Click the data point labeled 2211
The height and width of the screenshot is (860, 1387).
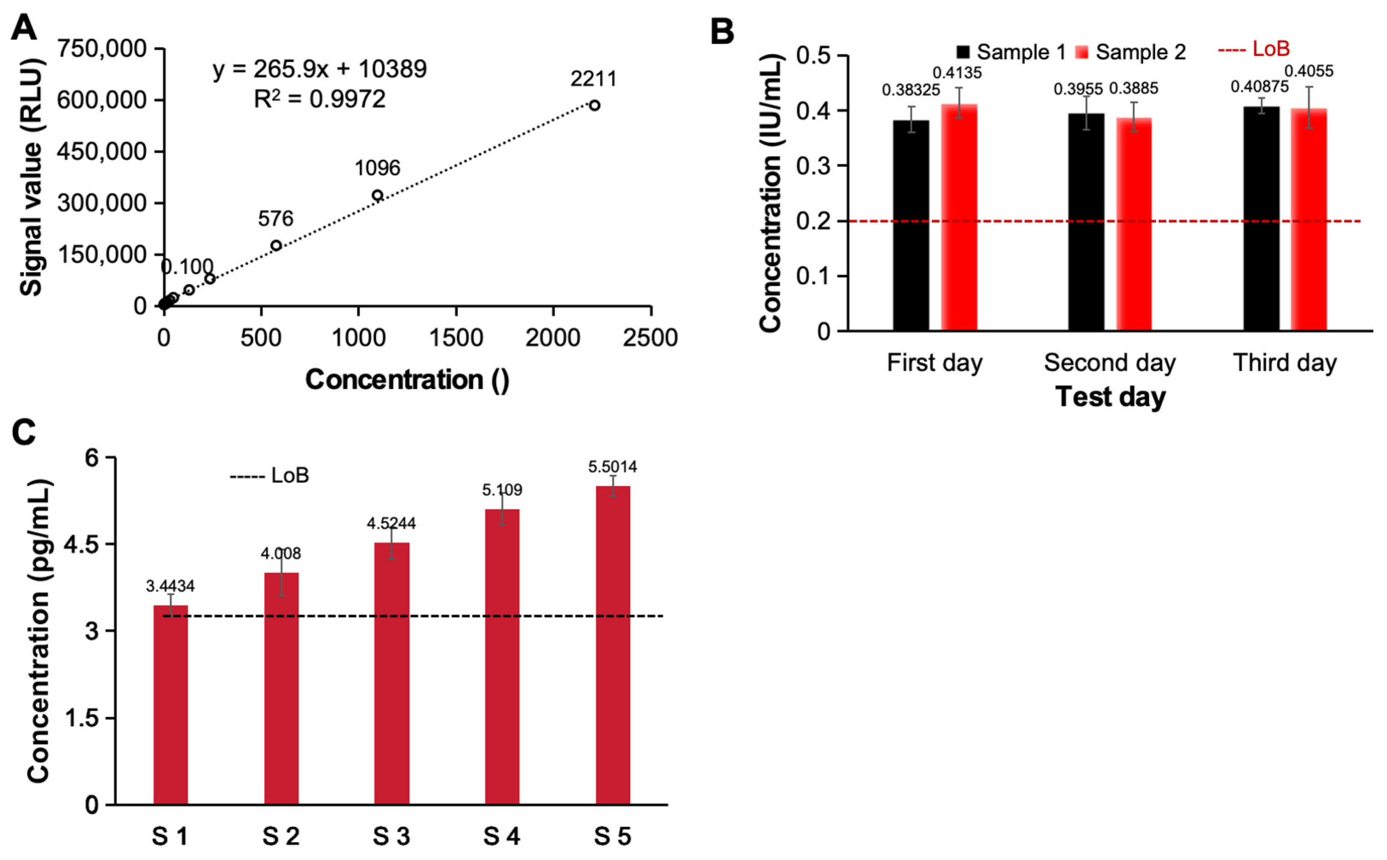coord(594,105)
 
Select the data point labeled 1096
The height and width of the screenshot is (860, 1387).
coord(377,195)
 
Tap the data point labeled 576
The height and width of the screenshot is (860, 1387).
coord(276,245)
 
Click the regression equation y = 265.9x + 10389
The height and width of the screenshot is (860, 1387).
coord(320,69)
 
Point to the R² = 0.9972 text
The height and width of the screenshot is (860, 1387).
coord(320,99)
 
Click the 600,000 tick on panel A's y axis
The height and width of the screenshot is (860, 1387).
coord(102,100)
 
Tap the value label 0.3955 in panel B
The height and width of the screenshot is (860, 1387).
coord(1078,89)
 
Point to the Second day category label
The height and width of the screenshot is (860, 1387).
coord(1109,363)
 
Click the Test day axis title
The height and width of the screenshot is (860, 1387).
coord(1110,397)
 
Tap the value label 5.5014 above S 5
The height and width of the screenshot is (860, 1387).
coord(612,467)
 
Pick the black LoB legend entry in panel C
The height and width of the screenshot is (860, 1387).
coord(270,475)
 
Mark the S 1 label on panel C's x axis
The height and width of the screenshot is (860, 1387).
coord(170,837)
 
